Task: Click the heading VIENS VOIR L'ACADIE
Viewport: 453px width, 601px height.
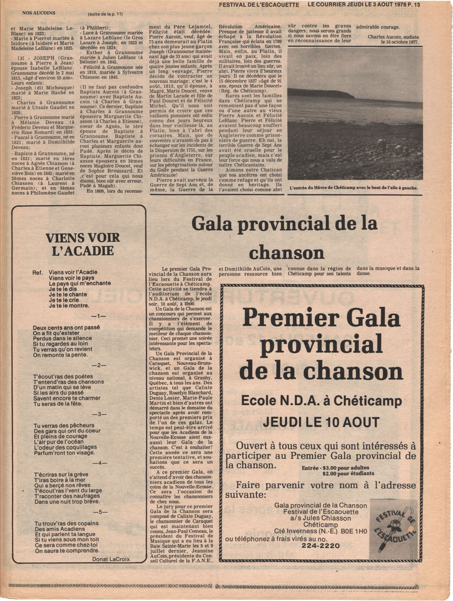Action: click(x=82, y=244)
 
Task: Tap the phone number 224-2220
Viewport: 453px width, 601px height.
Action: click(x=321, y=546)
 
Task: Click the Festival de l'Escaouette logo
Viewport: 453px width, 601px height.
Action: click(x=394, y=528)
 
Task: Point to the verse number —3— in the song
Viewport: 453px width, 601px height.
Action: click(x=99, y=414)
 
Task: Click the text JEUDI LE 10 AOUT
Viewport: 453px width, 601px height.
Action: click(x=321, y=422)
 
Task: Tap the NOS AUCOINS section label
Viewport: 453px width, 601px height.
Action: click(x=38, y=13)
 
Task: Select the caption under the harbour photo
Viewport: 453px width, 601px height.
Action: click(x=354, y=188)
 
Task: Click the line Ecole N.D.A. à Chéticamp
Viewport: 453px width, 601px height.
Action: click(x=321, y=400)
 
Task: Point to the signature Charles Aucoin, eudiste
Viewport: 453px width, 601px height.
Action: click(x=393, y=37)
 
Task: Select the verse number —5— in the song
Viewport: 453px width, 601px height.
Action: click(x=100, y=512)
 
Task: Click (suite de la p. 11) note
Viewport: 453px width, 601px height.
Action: click(x=105, y=14)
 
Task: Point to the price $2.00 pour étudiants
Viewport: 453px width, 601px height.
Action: click(x=348, y=474)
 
